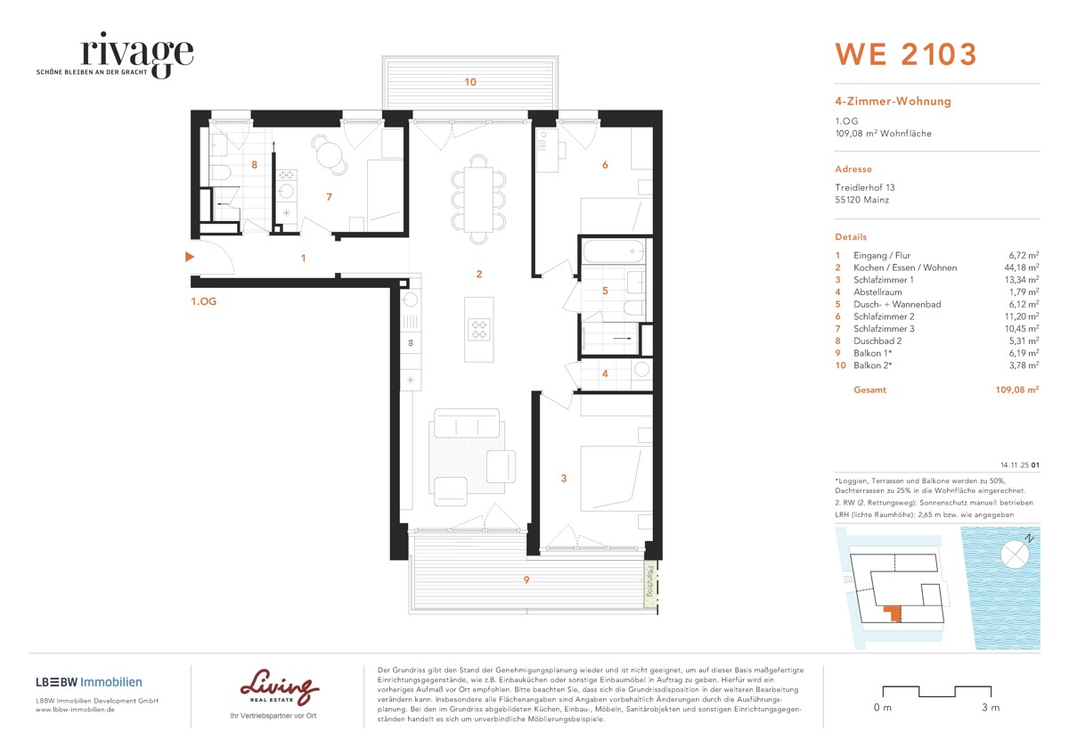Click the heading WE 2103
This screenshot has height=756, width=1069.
coord(905,54)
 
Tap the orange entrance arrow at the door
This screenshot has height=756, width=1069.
coord(188,258)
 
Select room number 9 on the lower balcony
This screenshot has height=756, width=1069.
coord(526,580)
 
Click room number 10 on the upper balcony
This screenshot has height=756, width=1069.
coord(470,82)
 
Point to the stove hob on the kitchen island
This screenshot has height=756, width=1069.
coord(479,330)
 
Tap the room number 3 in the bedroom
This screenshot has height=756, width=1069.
coord(563,479)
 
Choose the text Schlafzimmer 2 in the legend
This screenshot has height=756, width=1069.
coord(882,316)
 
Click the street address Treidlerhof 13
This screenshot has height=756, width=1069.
coord(864,187)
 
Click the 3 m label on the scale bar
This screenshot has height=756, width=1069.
coord(990,708)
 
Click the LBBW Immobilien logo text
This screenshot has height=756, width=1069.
coord(88,682)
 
